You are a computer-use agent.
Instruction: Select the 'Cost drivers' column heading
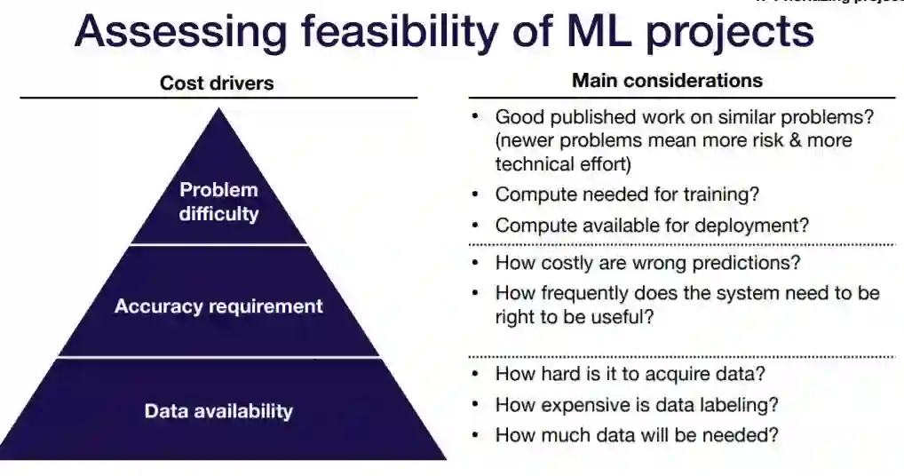[217, 83]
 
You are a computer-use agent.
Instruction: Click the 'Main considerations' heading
[667, 81]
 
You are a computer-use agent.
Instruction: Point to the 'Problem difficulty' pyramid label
[218, 202]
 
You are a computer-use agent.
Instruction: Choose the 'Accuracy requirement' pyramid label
[218, 306]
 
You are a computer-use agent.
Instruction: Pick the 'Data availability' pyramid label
[218, 411]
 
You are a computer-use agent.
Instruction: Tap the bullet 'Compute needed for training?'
[627, 194]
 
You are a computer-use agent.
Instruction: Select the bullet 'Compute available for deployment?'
[652, 226]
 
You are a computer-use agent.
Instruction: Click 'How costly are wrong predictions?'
[647, 263]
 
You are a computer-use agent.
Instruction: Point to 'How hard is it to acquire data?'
[630, 374]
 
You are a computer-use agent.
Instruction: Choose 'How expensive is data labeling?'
[637, 405]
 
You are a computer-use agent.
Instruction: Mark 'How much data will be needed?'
[637, 436]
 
